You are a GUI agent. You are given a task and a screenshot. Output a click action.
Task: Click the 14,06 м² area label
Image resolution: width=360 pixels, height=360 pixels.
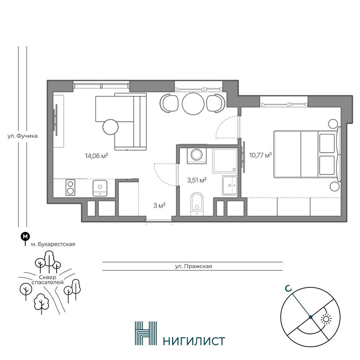96,156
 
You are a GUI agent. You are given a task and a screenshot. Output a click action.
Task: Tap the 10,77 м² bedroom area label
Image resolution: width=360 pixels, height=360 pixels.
261,156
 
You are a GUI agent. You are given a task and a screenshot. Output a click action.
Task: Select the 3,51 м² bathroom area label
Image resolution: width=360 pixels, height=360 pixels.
197,180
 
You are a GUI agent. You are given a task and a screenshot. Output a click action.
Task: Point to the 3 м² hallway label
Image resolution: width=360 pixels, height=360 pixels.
159,206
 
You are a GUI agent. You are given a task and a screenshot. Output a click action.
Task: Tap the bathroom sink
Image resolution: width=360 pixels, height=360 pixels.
230,185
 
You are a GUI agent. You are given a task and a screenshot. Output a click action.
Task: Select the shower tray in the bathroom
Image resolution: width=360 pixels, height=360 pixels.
225,160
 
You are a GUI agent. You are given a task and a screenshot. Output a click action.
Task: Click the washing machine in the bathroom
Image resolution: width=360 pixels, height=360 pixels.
197,156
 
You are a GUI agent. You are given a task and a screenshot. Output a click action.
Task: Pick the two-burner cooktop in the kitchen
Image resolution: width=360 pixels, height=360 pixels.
71,187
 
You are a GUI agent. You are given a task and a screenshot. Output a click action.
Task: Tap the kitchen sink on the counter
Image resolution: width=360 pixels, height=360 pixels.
100,188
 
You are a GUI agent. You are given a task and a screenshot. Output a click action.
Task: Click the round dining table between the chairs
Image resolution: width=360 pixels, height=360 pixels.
193,103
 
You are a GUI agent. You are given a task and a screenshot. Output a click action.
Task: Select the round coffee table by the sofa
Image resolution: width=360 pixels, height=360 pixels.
111,127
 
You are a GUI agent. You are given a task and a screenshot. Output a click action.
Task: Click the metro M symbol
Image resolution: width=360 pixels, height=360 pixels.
25,236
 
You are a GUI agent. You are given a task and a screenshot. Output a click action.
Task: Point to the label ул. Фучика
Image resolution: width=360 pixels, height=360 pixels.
22,136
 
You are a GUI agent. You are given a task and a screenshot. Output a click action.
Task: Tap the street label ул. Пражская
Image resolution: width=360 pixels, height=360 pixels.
194,266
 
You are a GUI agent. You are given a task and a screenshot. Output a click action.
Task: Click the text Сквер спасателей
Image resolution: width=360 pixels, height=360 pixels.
48,280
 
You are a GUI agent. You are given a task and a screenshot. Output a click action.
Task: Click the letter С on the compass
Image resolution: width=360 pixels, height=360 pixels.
288,289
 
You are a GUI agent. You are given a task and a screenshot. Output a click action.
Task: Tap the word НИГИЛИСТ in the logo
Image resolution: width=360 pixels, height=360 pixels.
194,341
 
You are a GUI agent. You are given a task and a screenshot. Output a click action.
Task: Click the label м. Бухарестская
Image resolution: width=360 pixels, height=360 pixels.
53,244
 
